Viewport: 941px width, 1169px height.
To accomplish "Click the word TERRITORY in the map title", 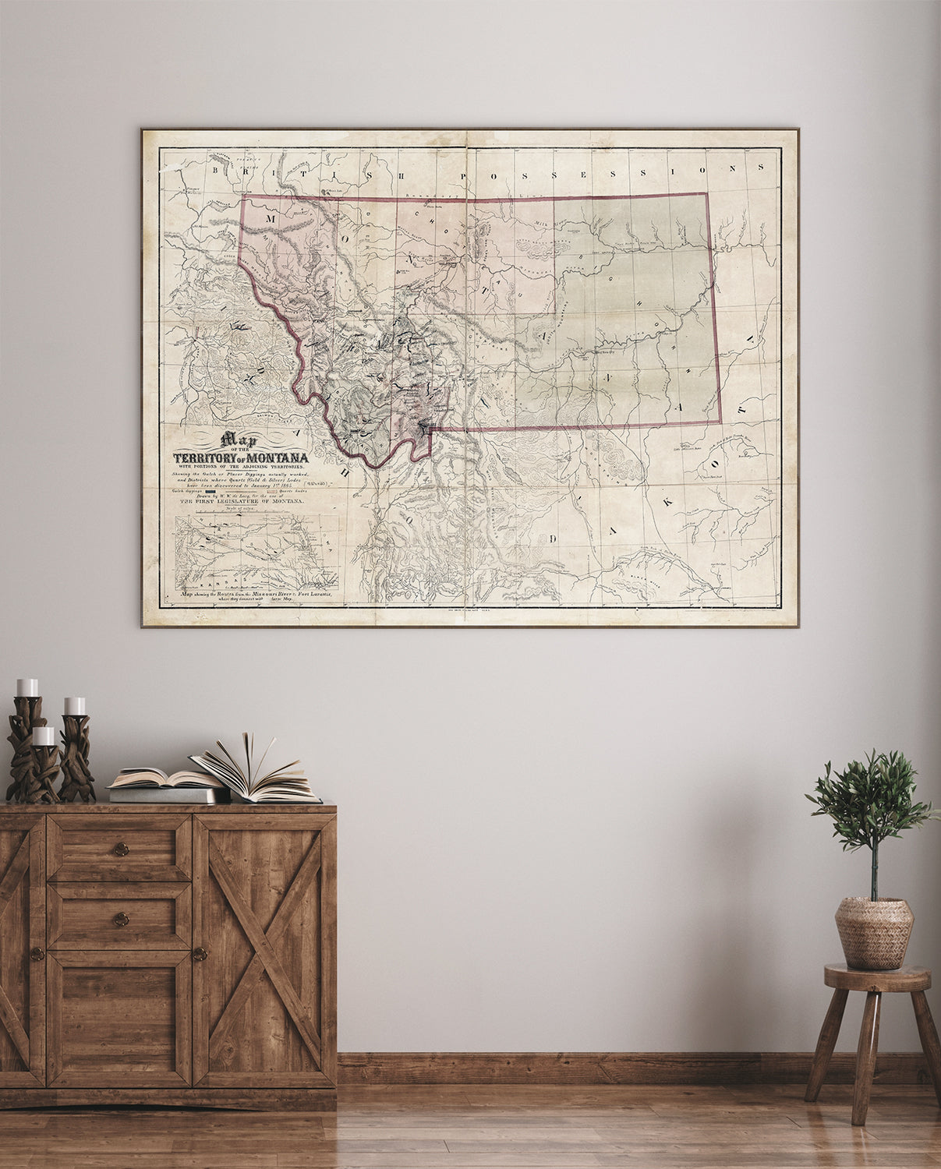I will [x=204, y=457].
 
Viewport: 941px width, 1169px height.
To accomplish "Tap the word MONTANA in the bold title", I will [x=277, y=457].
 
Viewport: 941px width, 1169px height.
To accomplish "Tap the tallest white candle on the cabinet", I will [x=27, y=687].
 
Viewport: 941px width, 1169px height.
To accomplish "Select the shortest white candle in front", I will [x=44, y=736].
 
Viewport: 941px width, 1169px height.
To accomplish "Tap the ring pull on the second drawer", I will [x=120, y=920].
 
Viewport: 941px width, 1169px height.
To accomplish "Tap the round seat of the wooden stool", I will [x=877, y=977].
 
